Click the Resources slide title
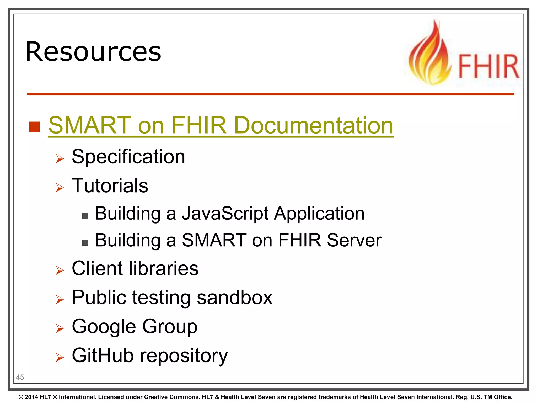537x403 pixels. pyautogui.click(x=93, y=52)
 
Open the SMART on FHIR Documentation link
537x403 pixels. pyautogui.click(x=221, y=125)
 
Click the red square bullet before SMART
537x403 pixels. pyautogui.click(x=34, y=127)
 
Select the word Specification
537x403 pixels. pyautogui.click(x=128, y=157)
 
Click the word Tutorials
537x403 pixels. pyautogui.click(x=110, y=185)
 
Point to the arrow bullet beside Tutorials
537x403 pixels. pyautogui.click(x=60, y=188)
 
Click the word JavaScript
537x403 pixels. pyautogui.click(x=225, y=213)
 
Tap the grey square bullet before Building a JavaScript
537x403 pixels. pyautogui.click(x=85, y=216)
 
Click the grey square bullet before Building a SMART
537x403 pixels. pyautogui.click(x=85, y=243)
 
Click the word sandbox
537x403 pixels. pyautogui.click(x=235, y=298)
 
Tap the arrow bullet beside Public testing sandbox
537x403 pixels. pyautogui.click(x=60, y=299)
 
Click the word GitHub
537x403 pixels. pyautogui.click(x=103, y=356)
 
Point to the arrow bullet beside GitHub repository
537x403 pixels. pyautogui.click(x=60, y=357)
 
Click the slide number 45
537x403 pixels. pyautogui.click(x=20, y=377)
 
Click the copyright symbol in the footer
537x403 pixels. pyautogui.click(x=21, y=397)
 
